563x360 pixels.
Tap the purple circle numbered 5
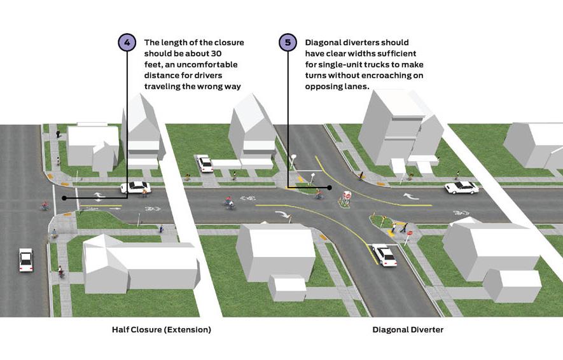pos(288,43)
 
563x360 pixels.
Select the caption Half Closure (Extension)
pos(161,329)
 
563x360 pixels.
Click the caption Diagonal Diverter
pos(407,329)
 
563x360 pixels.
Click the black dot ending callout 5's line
pos(330,188)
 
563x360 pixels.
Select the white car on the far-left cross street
pos(26,259)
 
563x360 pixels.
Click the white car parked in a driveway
pos(205,163)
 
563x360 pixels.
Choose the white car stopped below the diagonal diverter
pos(384,255)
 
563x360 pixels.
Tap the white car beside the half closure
pos(136,187)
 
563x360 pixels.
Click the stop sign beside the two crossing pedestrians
pos(409,233)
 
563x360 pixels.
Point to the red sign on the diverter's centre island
pos(347,196)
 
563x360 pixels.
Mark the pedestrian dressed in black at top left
pos(58,134)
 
